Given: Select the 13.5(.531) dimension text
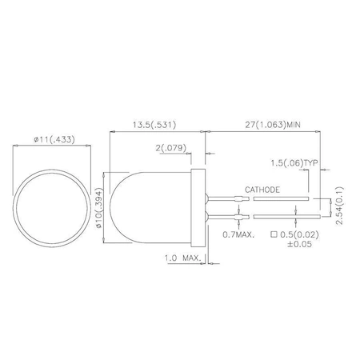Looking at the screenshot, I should pyautogui.click(x=154, y=125).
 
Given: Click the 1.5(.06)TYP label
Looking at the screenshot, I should pyautogui.click(x=294, y=162).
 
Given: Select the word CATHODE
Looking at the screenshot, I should pyautogui.click(x=263, y=190).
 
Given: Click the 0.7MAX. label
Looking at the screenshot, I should pyautogui.click(x=239, y=234).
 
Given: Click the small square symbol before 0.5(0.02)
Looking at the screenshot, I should pyautogui.click(x=275, y=235).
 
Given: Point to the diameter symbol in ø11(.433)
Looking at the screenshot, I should pyautogui.click(x=37, y=139).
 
